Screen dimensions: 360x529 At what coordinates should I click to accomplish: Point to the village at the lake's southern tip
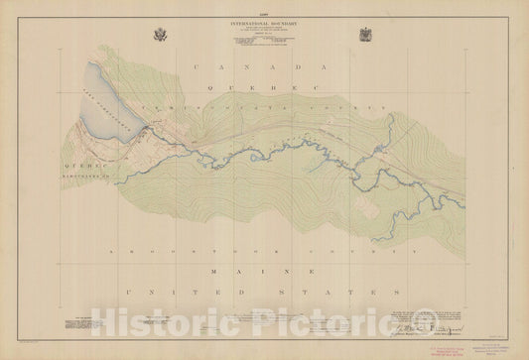pyautogui.click(x=148, y=130)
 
